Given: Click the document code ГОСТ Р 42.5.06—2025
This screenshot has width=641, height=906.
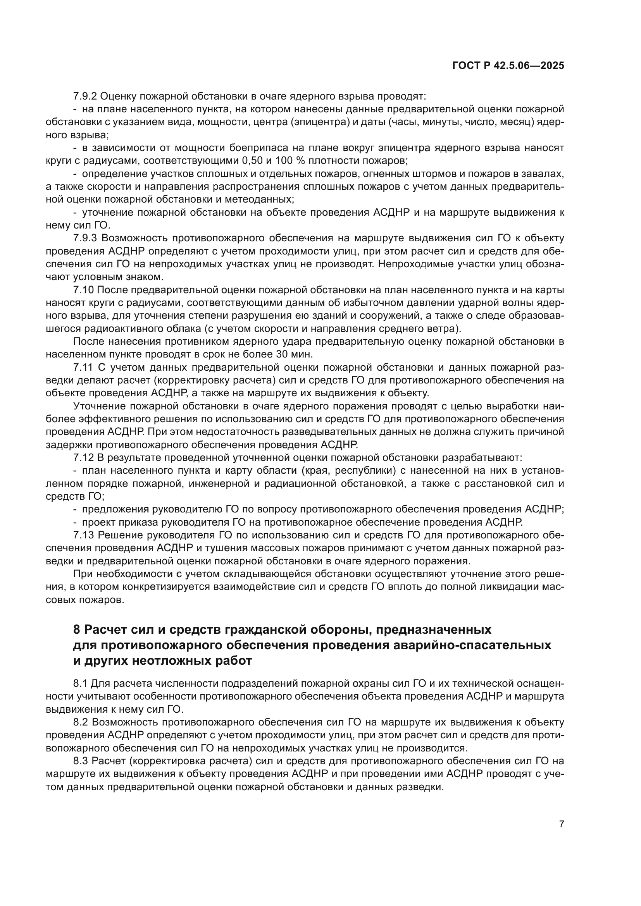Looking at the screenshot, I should click(508, 66).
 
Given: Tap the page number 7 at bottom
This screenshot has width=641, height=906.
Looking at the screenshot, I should click(561, 823).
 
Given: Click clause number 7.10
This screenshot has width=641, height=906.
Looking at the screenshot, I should click(83, 290).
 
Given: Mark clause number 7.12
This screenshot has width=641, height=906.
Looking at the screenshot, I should click(83, 458).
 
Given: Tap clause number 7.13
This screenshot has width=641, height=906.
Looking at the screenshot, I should click(83, 535).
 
